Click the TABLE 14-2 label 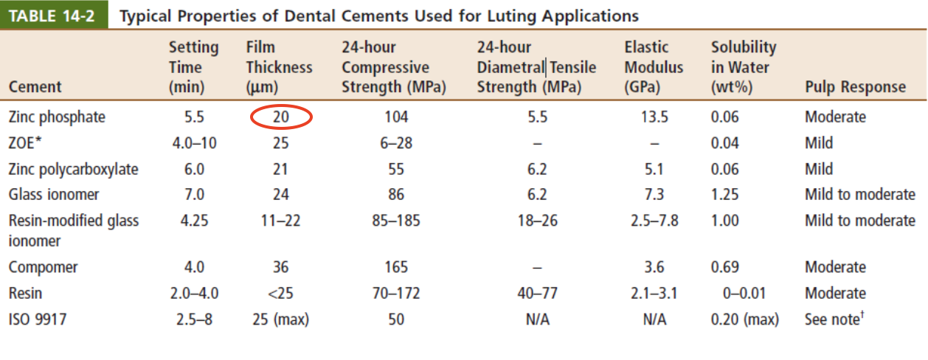tap(54, 15)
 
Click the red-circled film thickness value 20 tap(281, 117)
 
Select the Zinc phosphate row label tap(58, 117)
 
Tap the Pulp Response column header tap(855, 87)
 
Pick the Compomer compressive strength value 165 tap(396, 267)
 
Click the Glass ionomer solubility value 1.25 tap(726, 195)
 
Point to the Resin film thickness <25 tap(281, 293)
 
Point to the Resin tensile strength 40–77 tap(537, 293)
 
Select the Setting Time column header tap(194, 67)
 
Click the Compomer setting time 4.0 tap(194, 267)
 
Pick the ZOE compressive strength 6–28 tap(396, 143)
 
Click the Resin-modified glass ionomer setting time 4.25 tap(194, 221)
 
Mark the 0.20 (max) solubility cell tap(744, 319)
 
